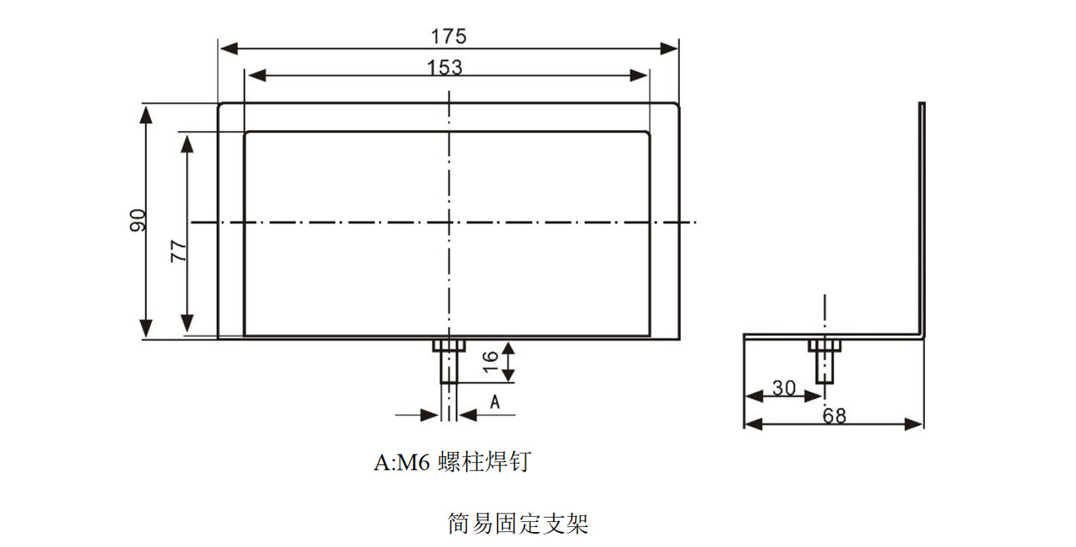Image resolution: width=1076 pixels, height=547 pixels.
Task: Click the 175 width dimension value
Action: [449, 37]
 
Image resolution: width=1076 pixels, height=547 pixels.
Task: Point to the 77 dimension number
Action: [178, 249]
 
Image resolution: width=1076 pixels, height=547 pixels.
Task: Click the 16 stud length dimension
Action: [490, 360]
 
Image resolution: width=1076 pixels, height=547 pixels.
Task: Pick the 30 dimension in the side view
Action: [783, 388]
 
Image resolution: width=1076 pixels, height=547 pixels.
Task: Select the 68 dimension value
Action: [833, 414]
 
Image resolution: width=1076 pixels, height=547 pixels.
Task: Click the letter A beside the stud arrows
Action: [494, 403]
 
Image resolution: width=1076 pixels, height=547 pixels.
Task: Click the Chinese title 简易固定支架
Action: [518, 524]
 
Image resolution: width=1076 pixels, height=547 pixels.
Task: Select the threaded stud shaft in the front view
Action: [449, 367]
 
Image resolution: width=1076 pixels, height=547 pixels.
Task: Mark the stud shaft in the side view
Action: [824, 367]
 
